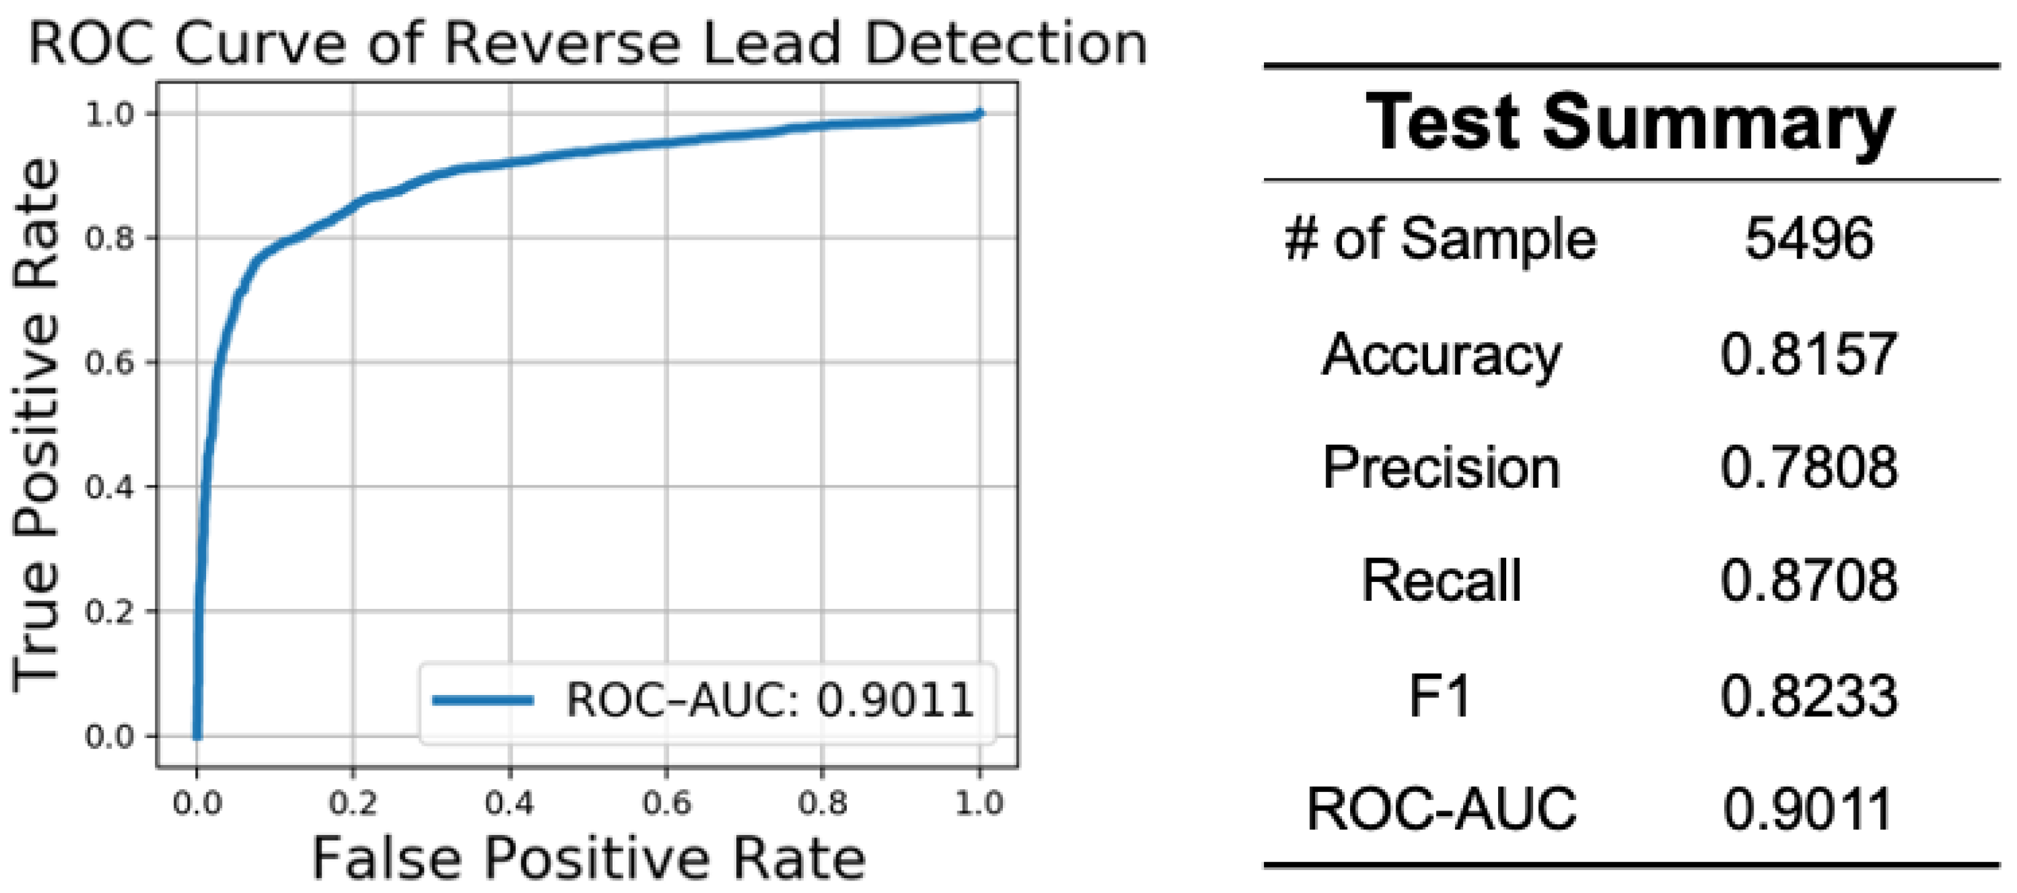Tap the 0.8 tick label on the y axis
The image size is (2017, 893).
tap(110, 238)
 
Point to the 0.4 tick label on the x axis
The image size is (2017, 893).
tap(510, 803)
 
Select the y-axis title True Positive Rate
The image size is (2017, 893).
tap(36, 425)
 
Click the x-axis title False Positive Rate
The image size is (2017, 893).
tap(589, 859)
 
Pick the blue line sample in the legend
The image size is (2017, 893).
tap(483, 700)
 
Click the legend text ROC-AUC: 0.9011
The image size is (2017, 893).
tap(770, 700)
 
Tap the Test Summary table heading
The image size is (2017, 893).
tap(1630, 122)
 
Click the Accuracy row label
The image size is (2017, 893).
tap(1441, 355)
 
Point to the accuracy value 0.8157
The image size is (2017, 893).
tap(1808, 355)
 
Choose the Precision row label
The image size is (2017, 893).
tap(1441, 468)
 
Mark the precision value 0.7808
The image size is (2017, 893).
tap(1808, 468)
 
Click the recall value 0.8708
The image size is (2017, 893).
tap(1808, 581)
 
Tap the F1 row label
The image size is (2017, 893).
tap(1439, 696)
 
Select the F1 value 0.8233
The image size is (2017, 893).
tap(1808, 696)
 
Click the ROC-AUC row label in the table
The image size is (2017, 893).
tap(1441, 809)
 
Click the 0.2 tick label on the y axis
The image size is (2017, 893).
tap(110, 612)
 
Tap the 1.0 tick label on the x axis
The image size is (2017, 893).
tap(979, 803)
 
